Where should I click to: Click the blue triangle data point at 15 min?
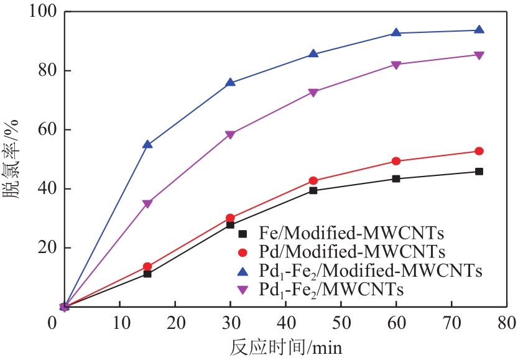point(147,144)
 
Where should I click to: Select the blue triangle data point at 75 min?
point(479,30)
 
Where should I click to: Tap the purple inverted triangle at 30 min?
point(230,134)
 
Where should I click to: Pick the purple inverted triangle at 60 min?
point(396,65)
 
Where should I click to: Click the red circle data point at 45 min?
point(313,181)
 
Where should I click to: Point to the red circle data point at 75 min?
point(479,151)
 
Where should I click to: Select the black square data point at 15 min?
point(147,274)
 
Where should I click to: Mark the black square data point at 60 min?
point(396,178)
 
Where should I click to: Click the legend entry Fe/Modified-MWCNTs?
point(342,234)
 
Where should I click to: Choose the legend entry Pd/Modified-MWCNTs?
point(342,252)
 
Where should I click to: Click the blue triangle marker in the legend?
point(243,270)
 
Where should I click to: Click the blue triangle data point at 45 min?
point(313,54)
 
